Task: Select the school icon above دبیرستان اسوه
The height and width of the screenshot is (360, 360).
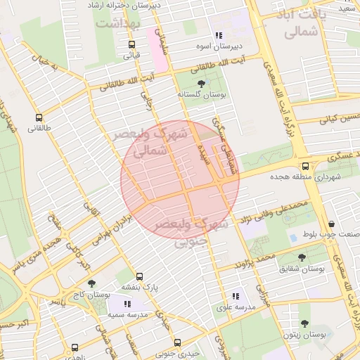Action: click(219, 35)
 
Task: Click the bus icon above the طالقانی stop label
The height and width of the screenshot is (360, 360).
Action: click(38, 117)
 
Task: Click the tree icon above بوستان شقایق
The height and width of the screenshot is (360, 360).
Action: click(302, 258)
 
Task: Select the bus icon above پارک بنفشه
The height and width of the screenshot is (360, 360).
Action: click(139, 276)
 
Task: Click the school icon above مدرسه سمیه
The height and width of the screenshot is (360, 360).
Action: click(127, 304)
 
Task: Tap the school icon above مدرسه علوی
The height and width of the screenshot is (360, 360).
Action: click(235, 297)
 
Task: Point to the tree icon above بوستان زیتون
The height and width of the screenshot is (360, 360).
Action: click(304, 324)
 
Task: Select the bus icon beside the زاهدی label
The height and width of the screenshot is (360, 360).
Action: click(75, 347)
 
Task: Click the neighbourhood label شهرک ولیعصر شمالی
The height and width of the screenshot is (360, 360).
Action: click(153, 141)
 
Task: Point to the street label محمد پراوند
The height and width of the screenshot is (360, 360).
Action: click(255, 264)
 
